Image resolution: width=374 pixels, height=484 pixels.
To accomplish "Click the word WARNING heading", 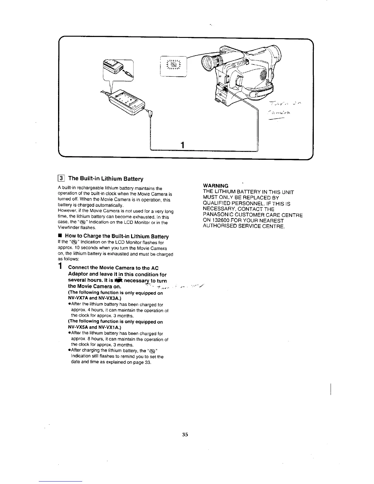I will (x=215, y=186).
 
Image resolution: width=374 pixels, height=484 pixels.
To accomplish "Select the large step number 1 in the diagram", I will (x=182, y=145).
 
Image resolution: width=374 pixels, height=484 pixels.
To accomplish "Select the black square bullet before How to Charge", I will (x=60, y=236).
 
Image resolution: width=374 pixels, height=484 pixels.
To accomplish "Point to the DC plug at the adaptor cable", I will (x=150, y=114).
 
